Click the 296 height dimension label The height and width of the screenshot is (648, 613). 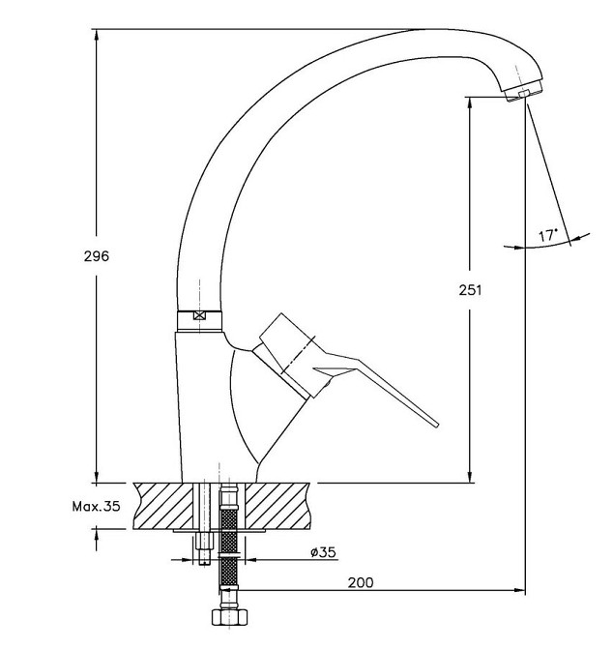click(x=97, y=256)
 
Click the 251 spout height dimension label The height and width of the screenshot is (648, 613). click(x=470, y=290)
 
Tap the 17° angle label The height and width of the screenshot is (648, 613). click(x=547, y=236)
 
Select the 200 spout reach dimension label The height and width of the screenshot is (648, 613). click(x=361, y=582)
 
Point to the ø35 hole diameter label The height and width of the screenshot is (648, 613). click(x=324, y=552)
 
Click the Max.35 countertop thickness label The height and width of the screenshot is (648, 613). click(x=97, y=506)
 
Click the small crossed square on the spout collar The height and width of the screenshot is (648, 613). click(x=199, y=315)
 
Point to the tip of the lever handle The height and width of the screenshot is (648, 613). click(x=436, y=424)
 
